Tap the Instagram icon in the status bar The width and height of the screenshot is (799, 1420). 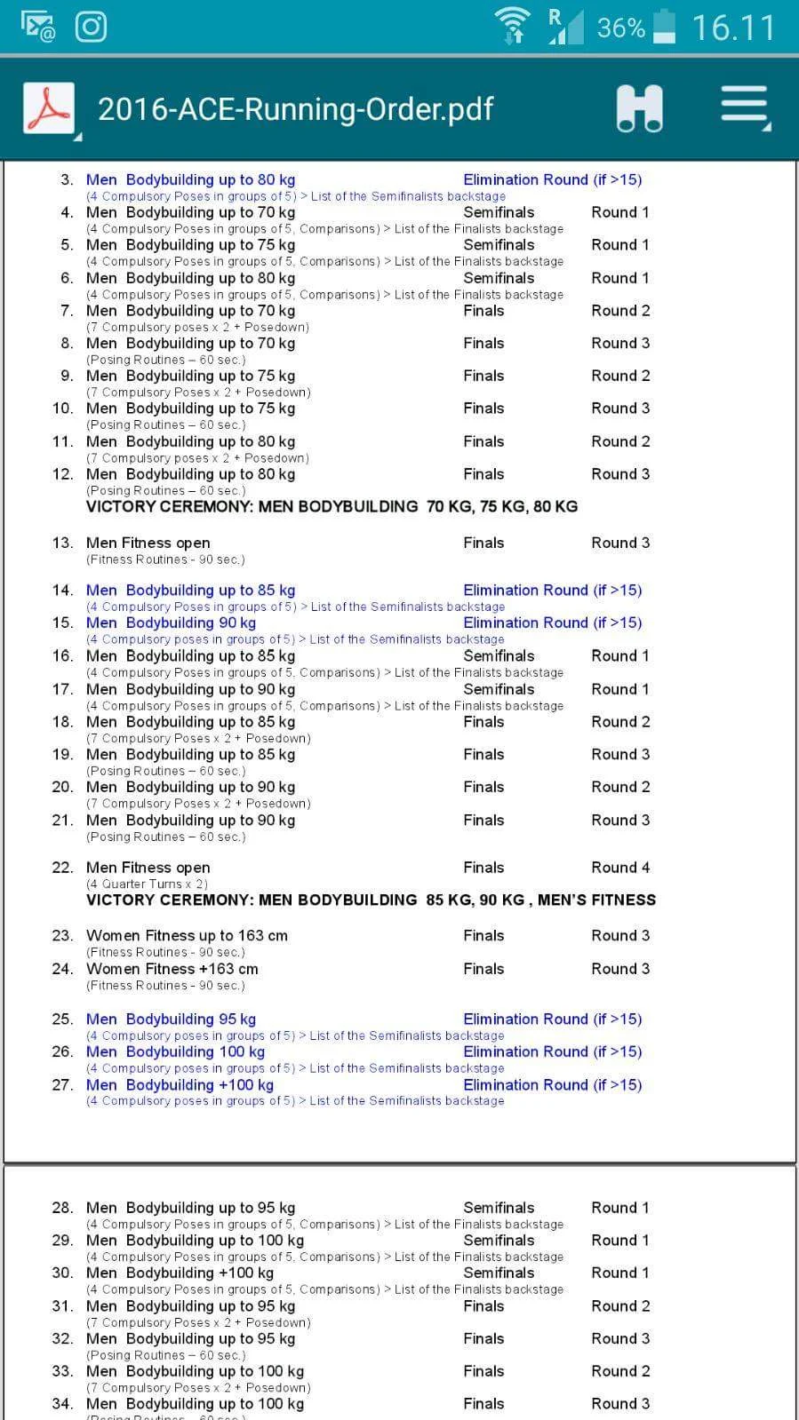pos(91,27)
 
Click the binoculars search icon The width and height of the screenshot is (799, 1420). pos(639,109)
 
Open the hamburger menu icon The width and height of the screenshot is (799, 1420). pos(744,107)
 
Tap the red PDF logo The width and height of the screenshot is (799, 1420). pos(48,108)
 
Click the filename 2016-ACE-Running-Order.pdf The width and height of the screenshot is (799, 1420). pos(295,109)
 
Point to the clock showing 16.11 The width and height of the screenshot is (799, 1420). pos(733,28)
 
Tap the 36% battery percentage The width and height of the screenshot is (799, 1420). pos(620,28)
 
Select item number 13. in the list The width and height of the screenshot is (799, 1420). pos(62,543)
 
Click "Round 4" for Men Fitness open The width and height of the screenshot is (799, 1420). pos(620,868)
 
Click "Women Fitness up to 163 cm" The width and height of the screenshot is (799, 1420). pos(187,935)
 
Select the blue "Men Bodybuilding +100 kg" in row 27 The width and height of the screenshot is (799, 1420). pos(180,1084)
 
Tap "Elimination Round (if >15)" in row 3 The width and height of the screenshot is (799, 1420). pos(552,179)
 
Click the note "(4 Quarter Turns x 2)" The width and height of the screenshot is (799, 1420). pos(147,884)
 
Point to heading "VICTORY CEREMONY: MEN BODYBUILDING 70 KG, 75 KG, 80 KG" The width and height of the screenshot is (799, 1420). pos(332,506)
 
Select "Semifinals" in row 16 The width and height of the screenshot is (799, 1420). pos(499,656)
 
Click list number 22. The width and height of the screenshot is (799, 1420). pos(62,868)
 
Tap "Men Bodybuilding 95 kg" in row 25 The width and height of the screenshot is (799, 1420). pos(171,1019)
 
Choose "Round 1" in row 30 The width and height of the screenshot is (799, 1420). pos(620,1273)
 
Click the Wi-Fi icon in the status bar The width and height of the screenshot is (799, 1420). pos(513,25)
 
